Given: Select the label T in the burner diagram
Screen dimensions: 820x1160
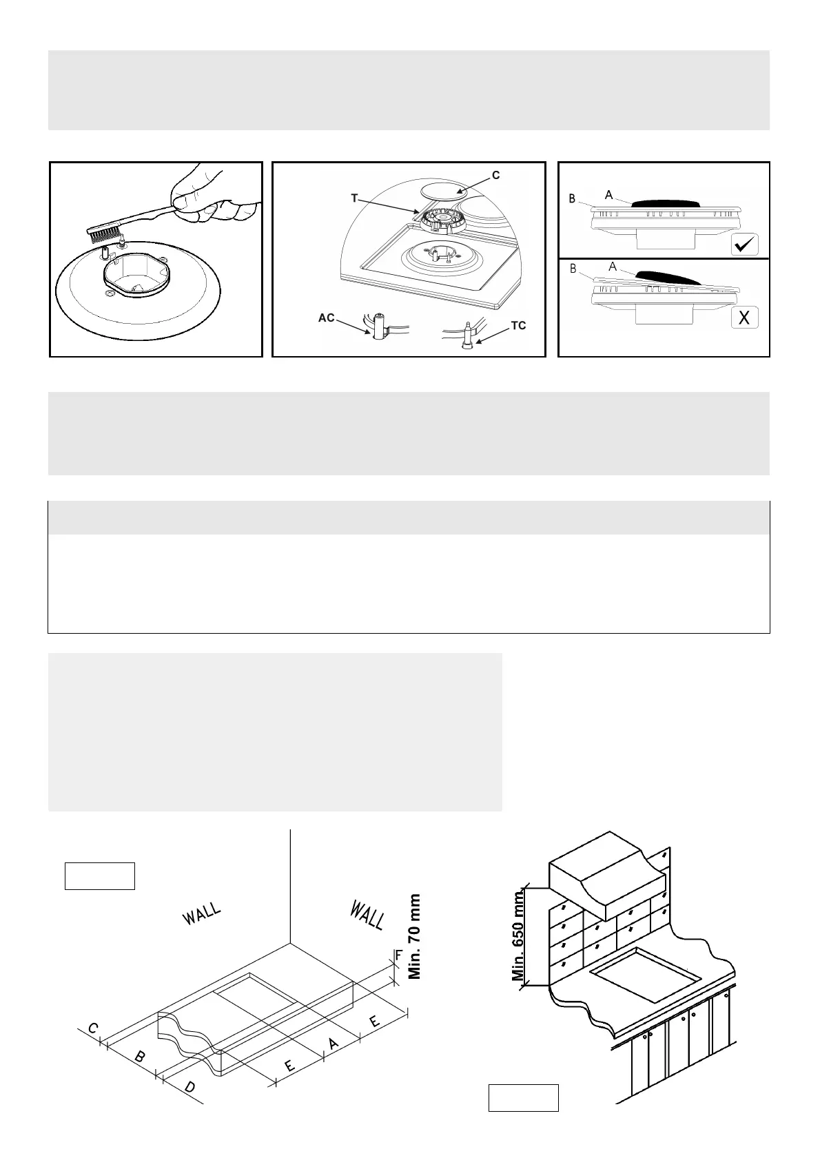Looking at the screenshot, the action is [354, 198].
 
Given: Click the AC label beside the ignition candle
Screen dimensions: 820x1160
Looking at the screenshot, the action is [326, 318].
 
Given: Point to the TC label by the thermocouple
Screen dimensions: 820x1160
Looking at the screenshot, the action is [519, 326].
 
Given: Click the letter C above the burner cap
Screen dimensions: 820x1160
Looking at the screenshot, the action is [495, 175].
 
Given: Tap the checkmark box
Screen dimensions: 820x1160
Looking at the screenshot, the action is [744, 244].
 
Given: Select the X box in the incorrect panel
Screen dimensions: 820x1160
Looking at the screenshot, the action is [744, 318].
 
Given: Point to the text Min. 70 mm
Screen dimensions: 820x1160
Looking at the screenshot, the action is [415, 936].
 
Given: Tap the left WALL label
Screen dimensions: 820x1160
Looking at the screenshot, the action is [201, 915].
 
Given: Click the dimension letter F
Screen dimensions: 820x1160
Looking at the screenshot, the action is [398, 955].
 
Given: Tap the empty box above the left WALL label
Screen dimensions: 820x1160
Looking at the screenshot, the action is [100, 876].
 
